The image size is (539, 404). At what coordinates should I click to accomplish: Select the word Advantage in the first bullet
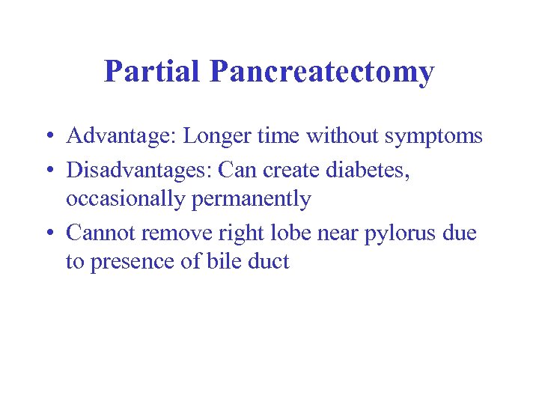(x=121, y=137)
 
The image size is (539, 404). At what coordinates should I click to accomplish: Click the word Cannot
(x=101, y=233)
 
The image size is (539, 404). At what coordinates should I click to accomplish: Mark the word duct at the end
(x=267, y=263)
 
